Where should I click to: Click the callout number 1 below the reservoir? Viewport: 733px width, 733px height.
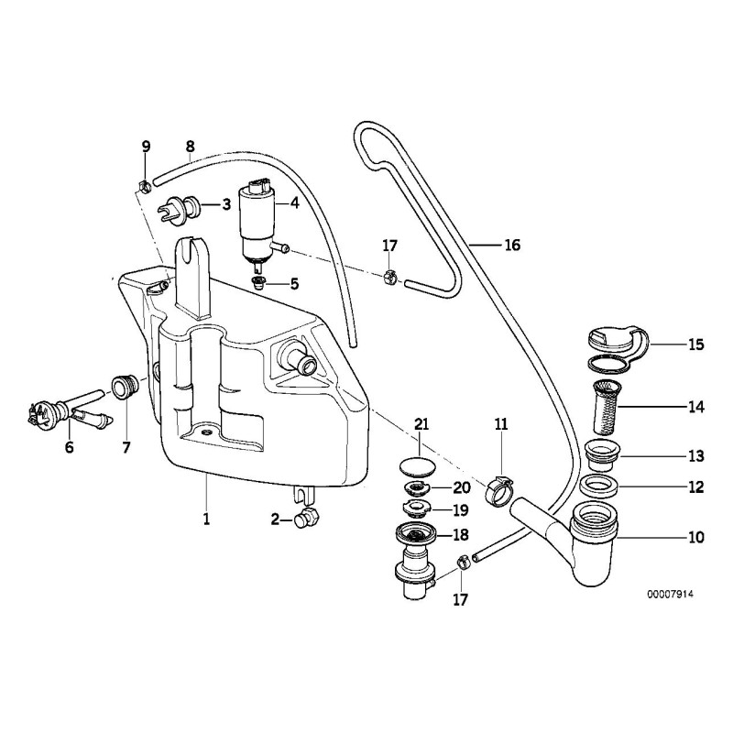(x=207, y=520)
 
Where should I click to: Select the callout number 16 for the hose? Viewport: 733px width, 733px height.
(x=511, y=246)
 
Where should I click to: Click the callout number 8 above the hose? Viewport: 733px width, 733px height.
(x=190, y=146)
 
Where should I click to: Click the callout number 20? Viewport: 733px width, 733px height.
(x=461, y=487)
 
